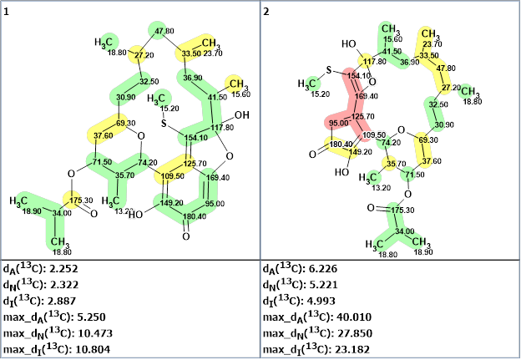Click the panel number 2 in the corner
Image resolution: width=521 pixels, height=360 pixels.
pos(266,11)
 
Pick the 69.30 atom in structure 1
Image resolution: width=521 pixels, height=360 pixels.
pos(126,123)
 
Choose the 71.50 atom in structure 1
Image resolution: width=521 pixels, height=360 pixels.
pos(102,161)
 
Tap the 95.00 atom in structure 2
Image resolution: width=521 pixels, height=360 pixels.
pos(339,123)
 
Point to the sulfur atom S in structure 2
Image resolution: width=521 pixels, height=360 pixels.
pos(330,68)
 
